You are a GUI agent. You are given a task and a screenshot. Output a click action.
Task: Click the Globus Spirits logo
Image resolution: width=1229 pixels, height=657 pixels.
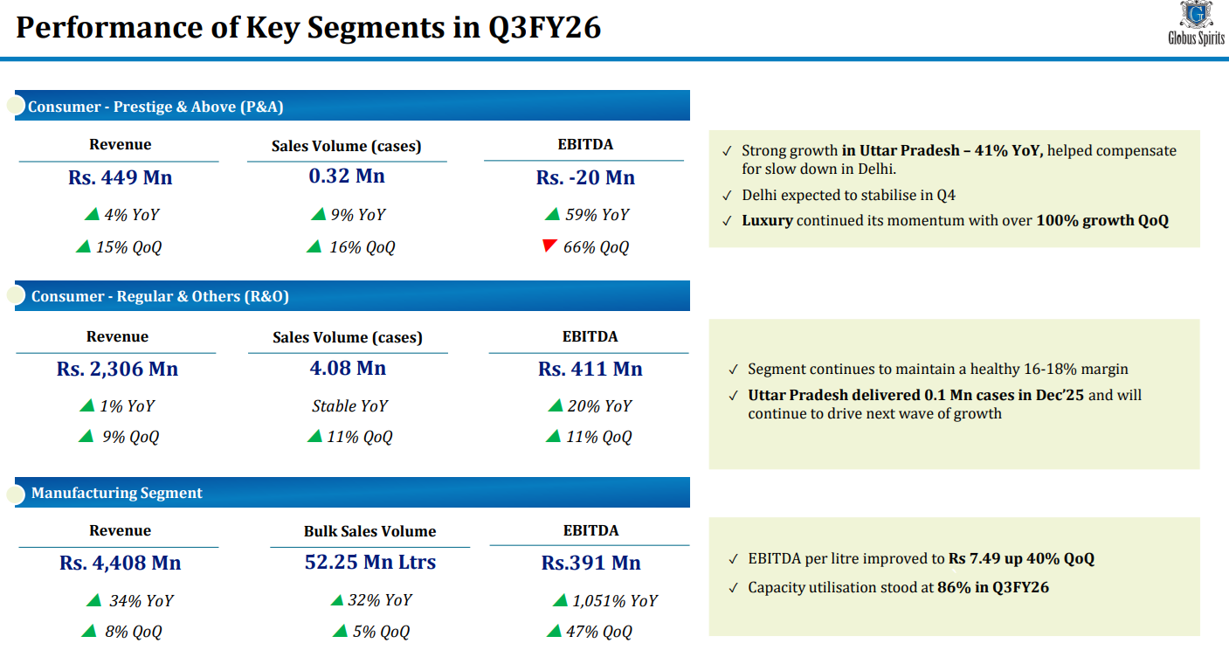click(1196, 24)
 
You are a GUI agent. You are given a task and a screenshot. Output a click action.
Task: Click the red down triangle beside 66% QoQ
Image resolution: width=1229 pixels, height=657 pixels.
click(549, 246)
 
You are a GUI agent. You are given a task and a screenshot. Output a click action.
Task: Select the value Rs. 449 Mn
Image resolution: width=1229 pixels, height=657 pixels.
click(120, 178)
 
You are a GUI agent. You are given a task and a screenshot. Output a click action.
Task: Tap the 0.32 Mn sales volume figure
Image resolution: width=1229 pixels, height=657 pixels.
click(347, 176)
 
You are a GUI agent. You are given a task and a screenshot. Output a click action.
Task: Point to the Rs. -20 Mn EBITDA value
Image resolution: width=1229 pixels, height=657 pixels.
click(585, 178)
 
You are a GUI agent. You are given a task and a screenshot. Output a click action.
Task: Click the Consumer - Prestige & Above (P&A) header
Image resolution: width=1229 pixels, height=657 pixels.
click(155, 107)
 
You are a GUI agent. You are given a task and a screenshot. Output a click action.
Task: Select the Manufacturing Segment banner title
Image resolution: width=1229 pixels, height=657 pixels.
click(117, 493)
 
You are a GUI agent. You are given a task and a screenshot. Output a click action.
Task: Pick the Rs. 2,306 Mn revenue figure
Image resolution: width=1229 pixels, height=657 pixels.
click(117, 370)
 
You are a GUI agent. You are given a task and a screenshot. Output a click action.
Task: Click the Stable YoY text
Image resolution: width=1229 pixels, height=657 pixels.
click(349, 406)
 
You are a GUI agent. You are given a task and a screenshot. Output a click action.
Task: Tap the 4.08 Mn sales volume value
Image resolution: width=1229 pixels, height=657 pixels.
click(348, 369)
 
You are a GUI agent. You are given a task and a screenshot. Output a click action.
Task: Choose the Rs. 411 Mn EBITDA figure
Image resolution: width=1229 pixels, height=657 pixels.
click(590, 370)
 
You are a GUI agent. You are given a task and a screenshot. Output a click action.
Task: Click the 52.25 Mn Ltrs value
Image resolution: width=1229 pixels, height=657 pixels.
click(370, 563)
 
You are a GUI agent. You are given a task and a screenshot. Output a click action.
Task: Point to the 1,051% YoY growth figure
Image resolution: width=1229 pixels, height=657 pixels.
click(615, 601)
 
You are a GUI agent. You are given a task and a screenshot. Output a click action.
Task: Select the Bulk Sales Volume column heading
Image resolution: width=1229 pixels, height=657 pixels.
click(369, 531)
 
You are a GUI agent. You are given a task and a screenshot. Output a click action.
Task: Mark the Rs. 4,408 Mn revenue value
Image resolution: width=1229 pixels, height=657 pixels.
click(121, 564)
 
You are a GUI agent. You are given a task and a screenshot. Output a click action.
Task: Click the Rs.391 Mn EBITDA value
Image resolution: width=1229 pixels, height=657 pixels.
click(590, 564)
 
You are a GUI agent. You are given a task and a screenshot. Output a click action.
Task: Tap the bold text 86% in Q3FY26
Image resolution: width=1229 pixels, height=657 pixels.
click(993, 588)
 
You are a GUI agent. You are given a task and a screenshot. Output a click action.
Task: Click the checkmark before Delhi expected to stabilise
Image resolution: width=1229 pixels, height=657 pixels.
click(727, 196)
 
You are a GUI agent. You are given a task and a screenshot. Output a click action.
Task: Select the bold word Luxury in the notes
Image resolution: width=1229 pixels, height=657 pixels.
click(767, 221)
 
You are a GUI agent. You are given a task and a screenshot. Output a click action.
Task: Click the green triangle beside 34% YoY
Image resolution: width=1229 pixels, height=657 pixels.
click(93, 600)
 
